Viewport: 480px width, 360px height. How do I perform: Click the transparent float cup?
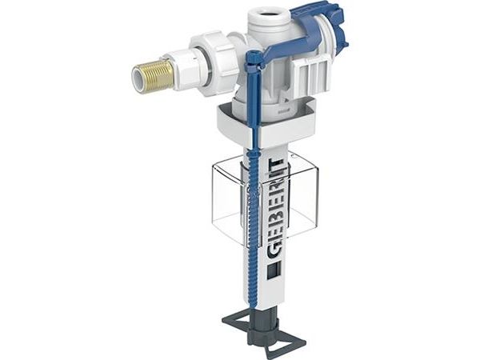coord(265,202)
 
